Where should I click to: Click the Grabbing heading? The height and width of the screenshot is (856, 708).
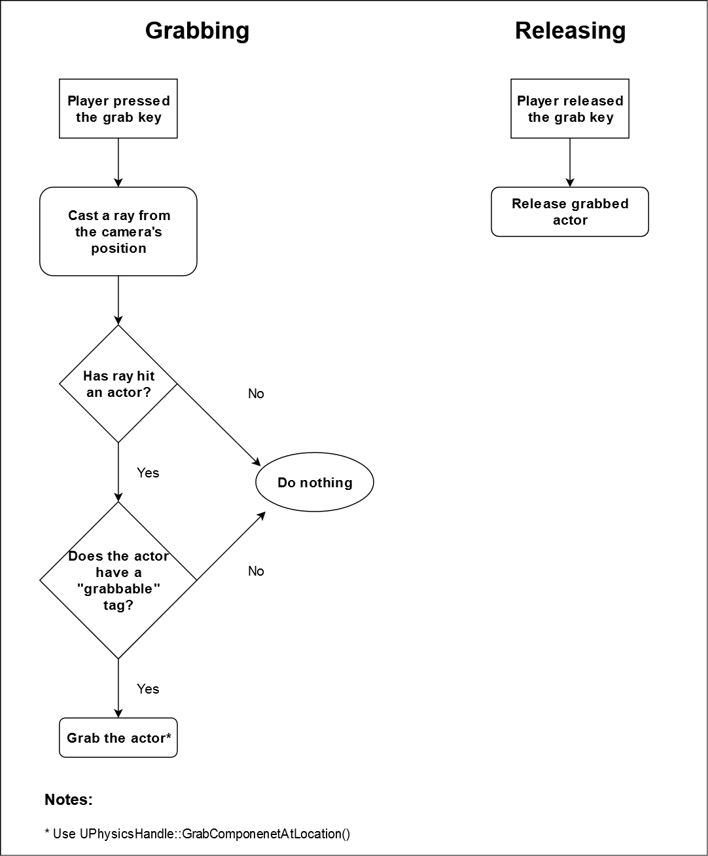click(x=197, y=31)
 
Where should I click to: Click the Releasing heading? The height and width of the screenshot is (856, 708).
click(x=570, y=31)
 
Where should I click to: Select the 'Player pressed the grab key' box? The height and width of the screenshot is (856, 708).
click(x=118, y=109)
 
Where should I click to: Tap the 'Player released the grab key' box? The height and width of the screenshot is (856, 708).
click(x=570, y=109)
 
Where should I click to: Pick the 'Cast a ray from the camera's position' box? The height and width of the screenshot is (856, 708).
click(x=118, y=232)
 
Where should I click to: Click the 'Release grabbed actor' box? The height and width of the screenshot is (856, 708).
click(x=570, y=212)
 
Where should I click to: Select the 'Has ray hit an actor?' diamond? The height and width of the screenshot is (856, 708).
click(x=118, y=384)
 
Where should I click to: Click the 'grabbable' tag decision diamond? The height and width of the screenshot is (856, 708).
click(x=118, y=580)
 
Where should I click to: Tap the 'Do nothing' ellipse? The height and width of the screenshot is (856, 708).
click(x=315, y=483)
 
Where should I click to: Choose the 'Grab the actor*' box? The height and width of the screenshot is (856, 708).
click(x=118, y=738)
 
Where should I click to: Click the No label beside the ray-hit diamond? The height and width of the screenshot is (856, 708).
click(x=256, y=394)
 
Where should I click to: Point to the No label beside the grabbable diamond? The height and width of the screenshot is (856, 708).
click(x=256, y=571)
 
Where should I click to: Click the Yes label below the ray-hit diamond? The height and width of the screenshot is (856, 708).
click(x=148, y=473)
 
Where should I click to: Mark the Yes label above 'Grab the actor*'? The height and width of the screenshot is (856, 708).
click(x=148, y=689)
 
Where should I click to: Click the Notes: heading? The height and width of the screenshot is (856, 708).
click(x=69, y=800)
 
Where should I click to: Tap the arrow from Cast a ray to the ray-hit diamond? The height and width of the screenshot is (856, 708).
click(x=118, y=300)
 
